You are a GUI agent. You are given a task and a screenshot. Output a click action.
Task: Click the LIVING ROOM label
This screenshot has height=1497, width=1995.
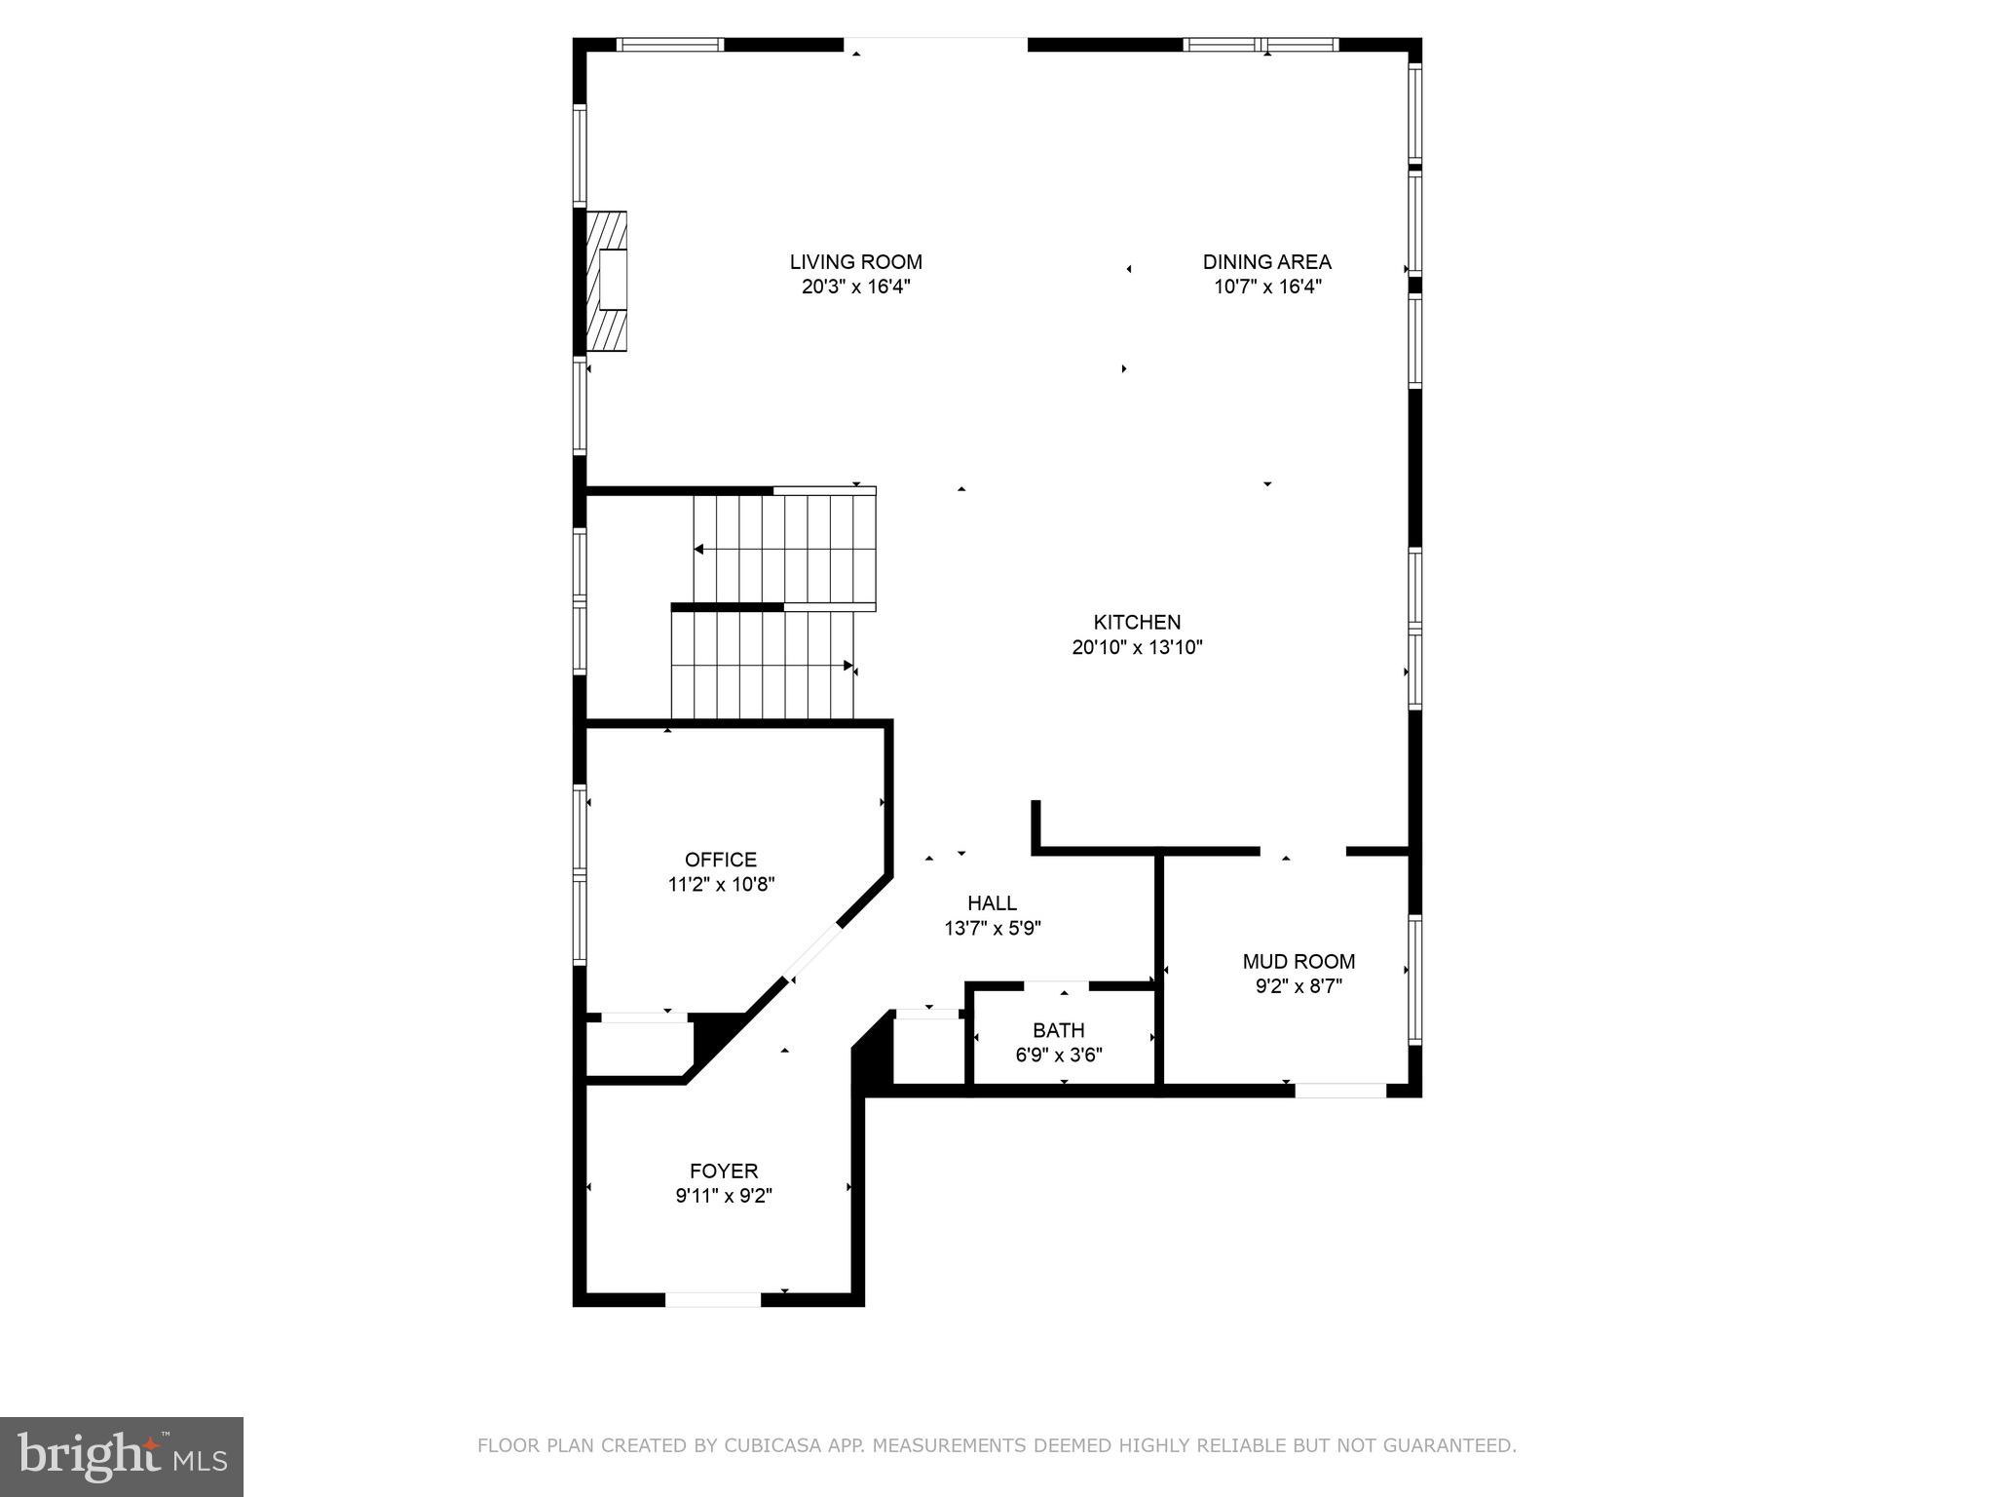[x=855, y=262]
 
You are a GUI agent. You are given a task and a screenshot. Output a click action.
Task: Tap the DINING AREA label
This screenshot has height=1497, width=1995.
[x=1266, y=262]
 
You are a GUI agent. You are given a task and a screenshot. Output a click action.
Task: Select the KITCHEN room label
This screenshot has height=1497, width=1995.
[x=1137, y=622]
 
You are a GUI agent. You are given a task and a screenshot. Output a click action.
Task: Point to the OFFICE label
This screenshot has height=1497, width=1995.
[x=720, y=860]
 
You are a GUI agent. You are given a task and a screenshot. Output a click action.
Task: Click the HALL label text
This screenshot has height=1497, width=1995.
[x=992, y=903]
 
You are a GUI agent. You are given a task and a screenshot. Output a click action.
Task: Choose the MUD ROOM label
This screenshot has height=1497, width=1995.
[x=1299, y=962]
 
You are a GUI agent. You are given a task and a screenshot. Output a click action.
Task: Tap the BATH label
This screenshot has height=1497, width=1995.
[x=1058, y=1030]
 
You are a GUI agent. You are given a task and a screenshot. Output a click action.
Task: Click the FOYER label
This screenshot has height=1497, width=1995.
[x=724, y=1171]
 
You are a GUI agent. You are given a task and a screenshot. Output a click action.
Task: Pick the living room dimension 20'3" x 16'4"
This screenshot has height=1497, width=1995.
[x=855, y=288]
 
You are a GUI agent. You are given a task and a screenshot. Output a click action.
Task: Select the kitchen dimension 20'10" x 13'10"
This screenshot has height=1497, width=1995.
[x=1137, y=647]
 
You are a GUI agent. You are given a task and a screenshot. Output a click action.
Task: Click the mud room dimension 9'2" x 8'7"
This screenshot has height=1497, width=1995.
[x=1299, y=986]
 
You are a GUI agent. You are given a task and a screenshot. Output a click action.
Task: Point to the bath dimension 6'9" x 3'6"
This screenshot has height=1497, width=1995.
[x=1058, y=1055]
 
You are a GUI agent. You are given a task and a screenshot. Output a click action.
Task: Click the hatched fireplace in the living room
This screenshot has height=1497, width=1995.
[x=606, y=282]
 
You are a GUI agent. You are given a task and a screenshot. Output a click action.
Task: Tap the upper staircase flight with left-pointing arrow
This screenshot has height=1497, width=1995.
[x=785, y=549]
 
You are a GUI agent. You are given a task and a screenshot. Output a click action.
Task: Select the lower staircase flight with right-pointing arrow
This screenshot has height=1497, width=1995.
[x=762, y=666]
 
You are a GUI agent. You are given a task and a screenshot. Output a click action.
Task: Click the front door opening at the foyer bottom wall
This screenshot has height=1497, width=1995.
[x=713, y=1299]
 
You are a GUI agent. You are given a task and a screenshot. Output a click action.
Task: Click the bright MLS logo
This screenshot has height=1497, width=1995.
[x=122, y=1456]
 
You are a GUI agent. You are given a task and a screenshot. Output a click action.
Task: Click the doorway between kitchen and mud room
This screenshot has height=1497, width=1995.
[x=1302, y=852]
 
